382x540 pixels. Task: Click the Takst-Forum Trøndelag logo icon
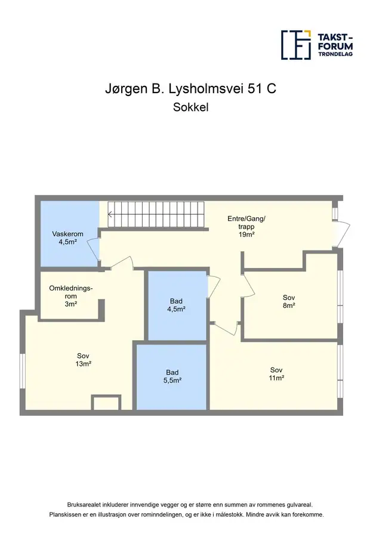click(x=296, y=45)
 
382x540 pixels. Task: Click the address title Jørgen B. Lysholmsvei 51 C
click(x=190, y=89)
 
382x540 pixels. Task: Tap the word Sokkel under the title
click(x=191, y=107)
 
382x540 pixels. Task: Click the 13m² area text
click(x=84, y=364)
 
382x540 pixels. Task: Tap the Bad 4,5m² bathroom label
click(x=176, y=305)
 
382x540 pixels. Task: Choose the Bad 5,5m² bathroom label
click(x=172, y=377)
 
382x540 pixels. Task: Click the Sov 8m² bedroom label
click(x=289, y=301)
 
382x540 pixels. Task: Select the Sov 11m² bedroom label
click(x=276, y=374)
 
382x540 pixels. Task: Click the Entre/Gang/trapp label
click(x=247, y=227)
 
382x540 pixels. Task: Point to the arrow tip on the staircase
click(x=109, y=215)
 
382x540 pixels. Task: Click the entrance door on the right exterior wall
click(x=343, y=234)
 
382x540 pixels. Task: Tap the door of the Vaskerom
click(x=94, y=248)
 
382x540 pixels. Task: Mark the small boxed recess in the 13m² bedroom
click(x=106, y=403)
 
